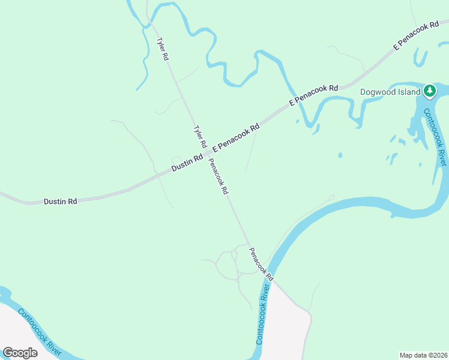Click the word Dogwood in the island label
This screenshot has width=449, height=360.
pyautogui.click(x=376, y=92)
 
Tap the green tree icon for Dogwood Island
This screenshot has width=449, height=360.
pyautogui.click(x=429, y=91)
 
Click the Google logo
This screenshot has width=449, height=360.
pyautogui.click(x=20, y=352)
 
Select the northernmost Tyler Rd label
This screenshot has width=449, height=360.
pyautogui.click(x=162, y=49)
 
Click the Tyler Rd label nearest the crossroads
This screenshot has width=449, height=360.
pyautogui.click(x=199, y=137)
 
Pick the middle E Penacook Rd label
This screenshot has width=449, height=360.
pyautogui.click(x=314, y=95)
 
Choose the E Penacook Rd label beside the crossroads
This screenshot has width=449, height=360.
pyautogui.click(x=235, y=137)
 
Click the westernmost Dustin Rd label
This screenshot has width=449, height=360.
pyautogui.click(x=60, y=202)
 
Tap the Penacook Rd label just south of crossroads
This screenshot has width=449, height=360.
pyautogui.click(x=218, y=176)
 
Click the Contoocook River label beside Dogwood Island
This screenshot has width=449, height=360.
pyautogui.click(x=435, y=137)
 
